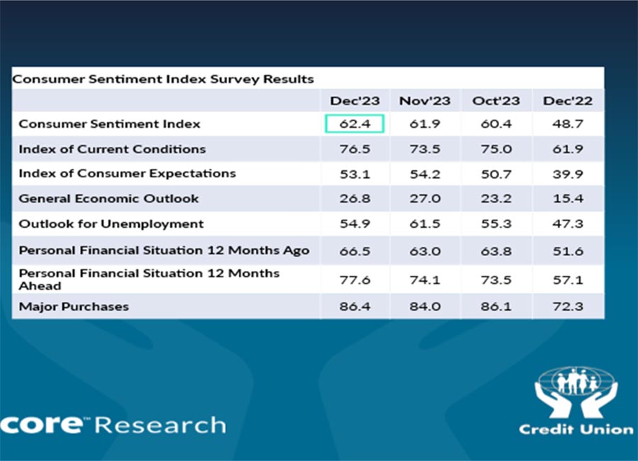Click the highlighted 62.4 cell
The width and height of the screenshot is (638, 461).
coord(354,124)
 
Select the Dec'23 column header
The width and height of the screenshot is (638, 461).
coord(354,101)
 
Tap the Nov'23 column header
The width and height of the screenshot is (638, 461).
coord(425,101)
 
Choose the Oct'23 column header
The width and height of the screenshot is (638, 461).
coord(496,101)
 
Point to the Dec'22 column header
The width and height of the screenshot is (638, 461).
coord(568,101)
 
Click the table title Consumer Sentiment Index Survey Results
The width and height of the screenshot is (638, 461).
coord(163,79)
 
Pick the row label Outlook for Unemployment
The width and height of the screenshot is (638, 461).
coord(111,224)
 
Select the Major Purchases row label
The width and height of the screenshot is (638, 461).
coord(74,306)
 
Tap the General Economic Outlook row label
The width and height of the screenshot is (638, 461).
coord(108,199)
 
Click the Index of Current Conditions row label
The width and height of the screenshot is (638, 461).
coord(112,149)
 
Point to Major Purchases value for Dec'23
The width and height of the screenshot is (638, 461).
coord(354,306)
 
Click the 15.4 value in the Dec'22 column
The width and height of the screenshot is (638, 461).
coord(568,199)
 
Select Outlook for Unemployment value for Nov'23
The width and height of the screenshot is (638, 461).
coord(425,224)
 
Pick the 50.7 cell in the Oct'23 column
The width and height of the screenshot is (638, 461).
coord(496,174)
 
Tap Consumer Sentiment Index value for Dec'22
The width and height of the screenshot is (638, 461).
coord(568,124)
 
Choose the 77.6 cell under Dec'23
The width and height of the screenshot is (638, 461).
coord(354,279)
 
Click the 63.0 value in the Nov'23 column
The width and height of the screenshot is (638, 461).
coord(425,250)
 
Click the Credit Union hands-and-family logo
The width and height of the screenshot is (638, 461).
coord(576,392)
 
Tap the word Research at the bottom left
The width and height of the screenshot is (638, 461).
coord(160,425)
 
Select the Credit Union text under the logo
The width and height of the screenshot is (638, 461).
coord(576,429)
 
